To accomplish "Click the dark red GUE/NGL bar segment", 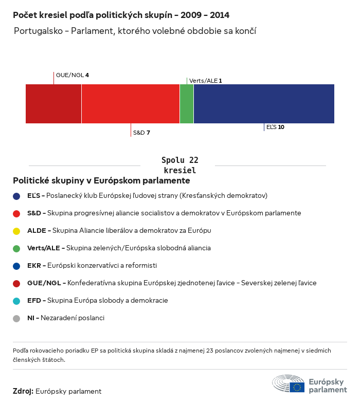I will coord(53,104).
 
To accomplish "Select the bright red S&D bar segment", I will coord(131,104).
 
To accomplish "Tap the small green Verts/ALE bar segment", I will coord(187,104).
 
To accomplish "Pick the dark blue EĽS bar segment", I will coord(264,104).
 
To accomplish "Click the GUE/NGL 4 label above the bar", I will coord(72,75).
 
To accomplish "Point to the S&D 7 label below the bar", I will coord(141,133).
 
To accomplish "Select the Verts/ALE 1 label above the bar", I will coord(206,81).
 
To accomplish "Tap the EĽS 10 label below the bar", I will coord(275,126).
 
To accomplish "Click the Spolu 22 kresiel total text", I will coord(179,165).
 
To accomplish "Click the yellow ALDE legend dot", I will coord(16,231).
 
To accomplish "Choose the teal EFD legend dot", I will coord(16,301).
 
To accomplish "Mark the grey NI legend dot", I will coord(16,318).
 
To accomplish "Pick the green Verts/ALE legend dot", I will coord(16,248).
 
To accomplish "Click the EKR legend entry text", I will coord(92,266).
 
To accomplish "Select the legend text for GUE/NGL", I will coord(172,283).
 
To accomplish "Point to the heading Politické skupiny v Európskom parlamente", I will coord(101,181).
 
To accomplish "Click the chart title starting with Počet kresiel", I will coord(121,15).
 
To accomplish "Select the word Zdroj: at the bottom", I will coord(23,391).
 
